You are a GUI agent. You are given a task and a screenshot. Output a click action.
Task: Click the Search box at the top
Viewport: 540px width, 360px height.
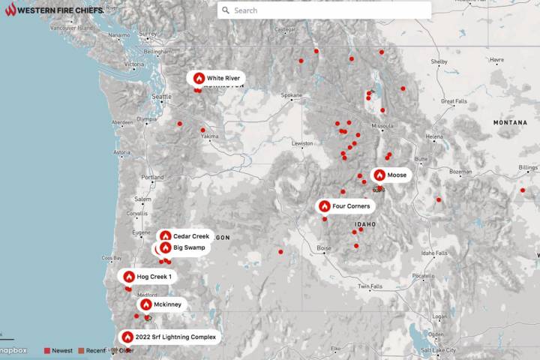coord(324,10)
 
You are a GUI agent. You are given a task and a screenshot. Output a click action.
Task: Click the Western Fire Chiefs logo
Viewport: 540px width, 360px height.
coord(52,10)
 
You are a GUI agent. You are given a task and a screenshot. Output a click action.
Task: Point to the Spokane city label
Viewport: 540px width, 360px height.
coord(291,95)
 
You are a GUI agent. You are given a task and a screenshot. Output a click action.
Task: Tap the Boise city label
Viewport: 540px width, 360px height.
coord(323,248)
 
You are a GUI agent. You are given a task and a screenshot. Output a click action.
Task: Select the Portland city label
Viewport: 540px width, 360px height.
coord(152,177)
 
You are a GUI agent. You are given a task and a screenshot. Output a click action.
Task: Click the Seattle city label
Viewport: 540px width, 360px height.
coord(161,97)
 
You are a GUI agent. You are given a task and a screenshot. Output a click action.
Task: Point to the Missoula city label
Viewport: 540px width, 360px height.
coord(382,125)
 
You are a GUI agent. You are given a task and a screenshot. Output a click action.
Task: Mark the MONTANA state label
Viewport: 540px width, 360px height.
coord(510,121)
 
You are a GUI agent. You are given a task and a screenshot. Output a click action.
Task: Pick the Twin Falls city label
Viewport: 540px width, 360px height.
coord(370,286)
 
